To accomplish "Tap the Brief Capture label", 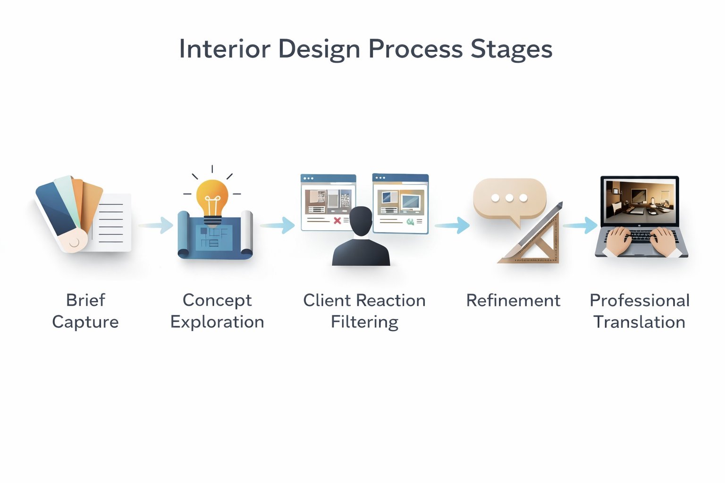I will click(85, 311).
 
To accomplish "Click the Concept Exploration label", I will click(217, 311).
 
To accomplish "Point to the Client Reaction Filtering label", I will click(364, 311).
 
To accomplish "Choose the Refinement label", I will click(513, 300).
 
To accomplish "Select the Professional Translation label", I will click(640, 311).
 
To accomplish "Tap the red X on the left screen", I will click(337, 221).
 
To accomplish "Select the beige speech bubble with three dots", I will click(510, 199).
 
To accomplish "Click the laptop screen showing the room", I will click(640, 200).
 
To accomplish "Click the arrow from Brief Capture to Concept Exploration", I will click(157, 225).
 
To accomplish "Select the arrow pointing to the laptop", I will click(581, 225).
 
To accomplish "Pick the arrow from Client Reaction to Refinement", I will click(453, 225).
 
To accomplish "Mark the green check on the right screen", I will click(410, 221).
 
